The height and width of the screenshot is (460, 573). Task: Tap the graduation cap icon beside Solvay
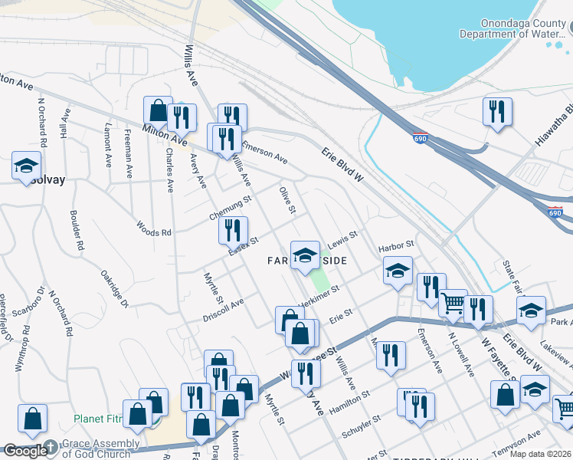25,165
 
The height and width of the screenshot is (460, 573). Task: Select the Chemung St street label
231,208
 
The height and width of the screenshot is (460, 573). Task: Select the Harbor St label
396,246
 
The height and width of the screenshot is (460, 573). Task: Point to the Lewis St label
342,240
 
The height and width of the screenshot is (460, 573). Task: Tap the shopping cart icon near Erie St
453,304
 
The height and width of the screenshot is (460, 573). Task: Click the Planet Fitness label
97,419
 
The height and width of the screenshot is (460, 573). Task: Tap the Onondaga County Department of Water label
511,29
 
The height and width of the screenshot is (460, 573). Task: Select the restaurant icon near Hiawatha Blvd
497,111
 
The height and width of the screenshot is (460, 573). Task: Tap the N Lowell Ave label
463,354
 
